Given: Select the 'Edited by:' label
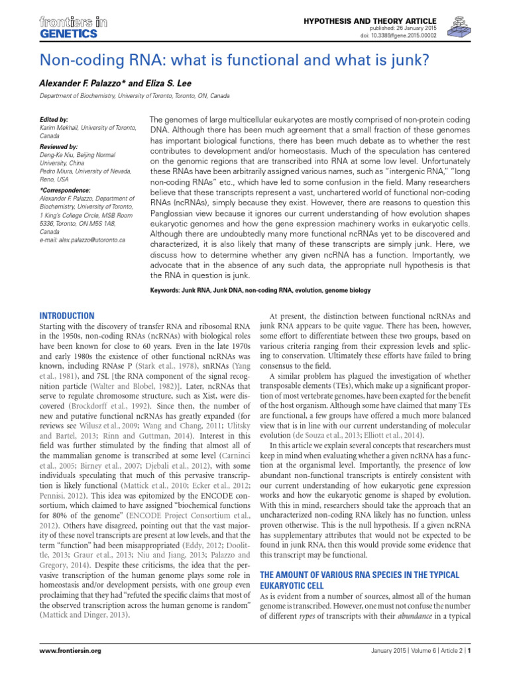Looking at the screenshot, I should coord(54,120).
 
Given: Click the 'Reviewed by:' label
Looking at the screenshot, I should coord(59,146).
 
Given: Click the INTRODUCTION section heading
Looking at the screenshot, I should coord(67,316).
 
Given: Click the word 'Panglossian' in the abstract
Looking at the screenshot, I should coord(180,197).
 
